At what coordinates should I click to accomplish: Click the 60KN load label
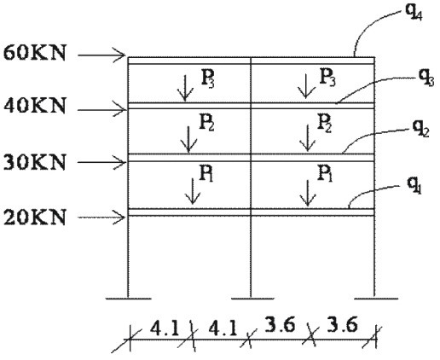[34, 53]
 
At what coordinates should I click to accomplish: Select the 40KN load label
[34, 106]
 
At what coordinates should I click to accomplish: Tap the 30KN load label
[34, 162]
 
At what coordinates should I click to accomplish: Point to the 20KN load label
[34, 218]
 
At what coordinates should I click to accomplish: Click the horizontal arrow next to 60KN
[101, 55]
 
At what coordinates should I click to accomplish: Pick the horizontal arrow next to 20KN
[101, 218]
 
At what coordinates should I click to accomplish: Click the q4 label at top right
[414, 12]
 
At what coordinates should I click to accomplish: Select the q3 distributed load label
[426, 78]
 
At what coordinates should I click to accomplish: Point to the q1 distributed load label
[414, 185]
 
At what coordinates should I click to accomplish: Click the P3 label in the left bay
[207, 78]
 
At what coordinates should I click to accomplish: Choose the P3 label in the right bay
[327, 77]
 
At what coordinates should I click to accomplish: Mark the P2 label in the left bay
[206, 122]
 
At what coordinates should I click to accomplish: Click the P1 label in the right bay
[325, 173]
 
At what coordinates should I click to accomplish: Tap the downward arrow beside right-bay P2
[307, 138]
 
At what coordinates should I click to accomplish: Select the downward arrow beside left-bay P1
[193, 191]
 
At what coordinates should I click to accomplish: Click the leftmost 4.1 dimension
[165, 328]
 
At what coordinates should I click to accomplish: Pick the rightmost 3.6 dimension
[342, 325]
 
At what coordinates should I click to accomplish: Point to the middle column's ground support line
[252, 299]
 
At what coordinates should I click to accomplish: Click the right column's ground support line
[376, 299]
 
